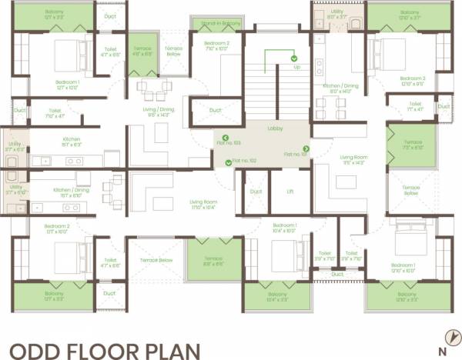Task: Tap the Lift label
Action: (289, 191)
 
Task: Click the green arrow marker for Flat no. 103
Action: (226, 142)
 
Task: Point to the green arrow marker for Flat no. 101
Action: (306, 149)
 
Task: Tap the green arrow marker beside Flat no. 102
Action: (228, 162)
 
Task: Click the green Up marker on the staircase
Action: (293, 58)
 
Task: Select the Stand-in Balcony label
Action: (221, 25)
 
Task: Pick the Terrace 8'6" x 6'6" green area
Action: (214, 261)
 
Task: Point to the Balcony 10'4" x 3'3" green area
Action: (277, 297)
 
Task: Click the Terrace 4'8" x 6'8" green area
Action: (142, 50)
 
